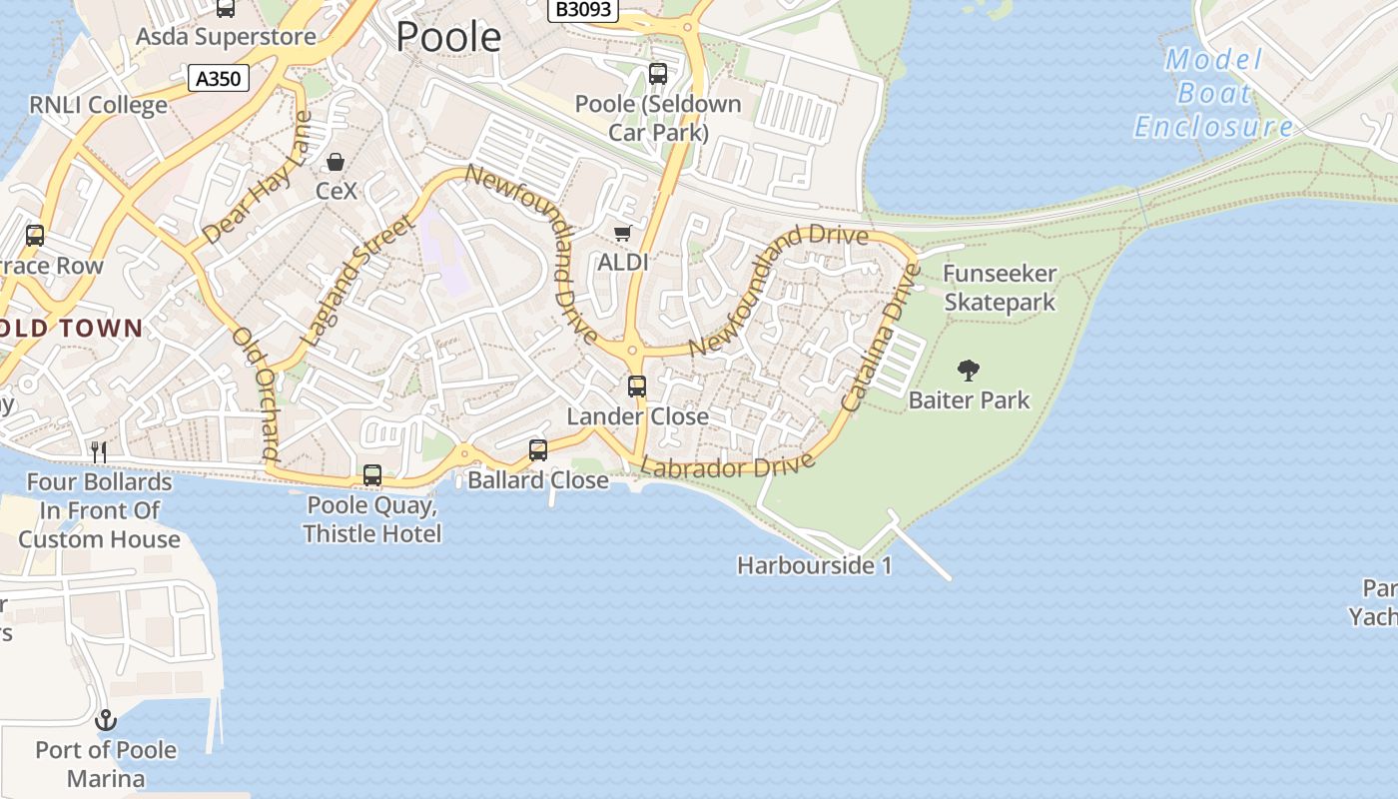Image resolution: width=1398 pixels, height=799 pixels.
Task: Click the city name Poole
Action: [x=448, y=37]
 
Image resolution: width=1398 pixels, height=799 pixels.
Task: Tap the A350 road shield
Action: [x=219, y=78]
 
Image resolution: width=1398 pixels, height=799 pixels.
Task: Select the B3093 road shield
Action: [x=584, y=10]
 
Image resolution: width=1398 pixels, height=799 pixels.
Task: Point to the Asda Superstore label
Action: [x=226, y=37]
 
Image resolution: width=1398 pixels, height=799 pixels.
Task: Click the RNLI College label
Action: [x=98, y=105]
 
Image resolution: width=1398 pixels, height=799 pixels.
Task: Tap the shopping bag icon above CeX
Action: [x=336, y=162]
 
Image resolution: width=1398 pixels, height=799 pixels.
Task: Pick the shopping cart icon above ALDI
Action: [x=623, y=234]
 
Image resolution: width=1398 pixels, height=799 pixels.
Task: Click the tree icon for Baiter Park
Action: [x=968, y=371]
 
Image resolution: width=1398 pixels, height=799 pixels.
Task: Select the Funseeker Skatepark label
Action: [x=1000, y=288]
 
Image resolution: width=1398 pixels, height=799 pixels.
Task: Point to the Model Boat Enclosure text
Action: [x=1213, y=93]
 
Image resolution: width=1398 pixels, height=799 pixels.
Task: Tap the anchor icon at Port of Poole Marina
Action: [x=106, y=719]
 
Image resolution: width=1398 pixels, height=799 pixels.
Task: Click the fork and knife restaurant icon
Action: [x=99, y=452]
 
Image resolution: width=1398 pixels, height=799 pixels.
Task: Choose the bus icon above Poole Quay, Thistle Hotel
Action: [x=372, y=475]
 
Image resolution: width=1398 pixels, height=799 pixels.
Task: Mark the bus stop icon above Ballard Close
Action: [x=538, y=450]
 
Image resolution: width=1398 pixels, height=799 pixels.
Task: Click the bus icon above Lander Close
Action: [x=637, y=386]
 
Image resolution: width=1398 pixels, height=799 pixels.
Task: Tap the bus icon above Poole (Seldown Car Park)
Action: [x=658, y=73]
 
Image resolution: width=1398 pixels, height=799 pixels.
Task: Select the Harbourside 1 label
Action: [x=814, y=565]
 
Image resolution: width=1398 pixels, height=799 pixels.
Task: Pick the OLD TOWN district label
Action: [x=72, y=328]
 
